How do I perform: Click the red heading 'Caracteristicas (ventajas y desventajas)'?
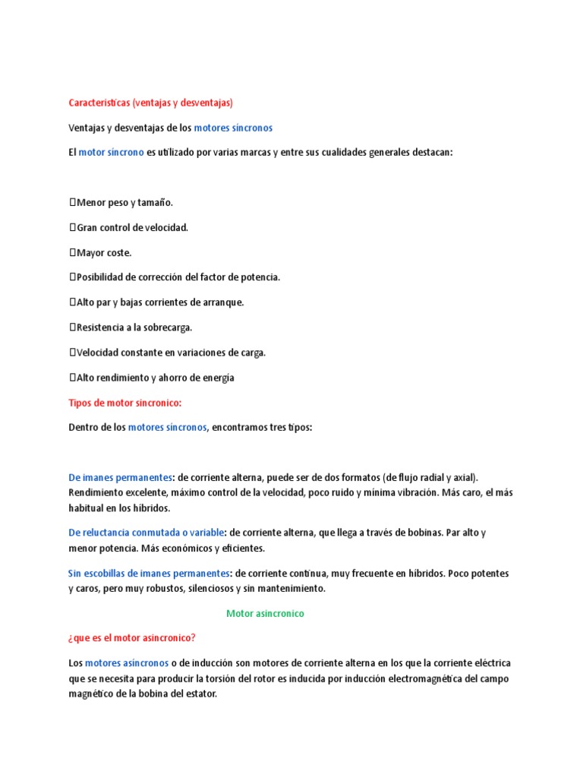150,102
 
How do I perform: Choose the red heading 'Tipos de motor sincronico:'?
125,403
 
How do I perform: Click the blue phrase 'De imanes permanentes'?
120,478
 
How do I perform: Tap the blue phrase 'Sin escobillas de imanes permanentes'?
148,573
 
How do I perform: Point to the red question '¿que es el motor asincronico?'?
137,638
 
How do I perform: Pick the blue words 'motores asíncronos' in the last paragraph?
127,663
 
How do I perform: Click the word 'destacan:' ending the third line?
430,153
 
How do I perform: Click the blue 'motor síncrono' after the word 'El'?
111,153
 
